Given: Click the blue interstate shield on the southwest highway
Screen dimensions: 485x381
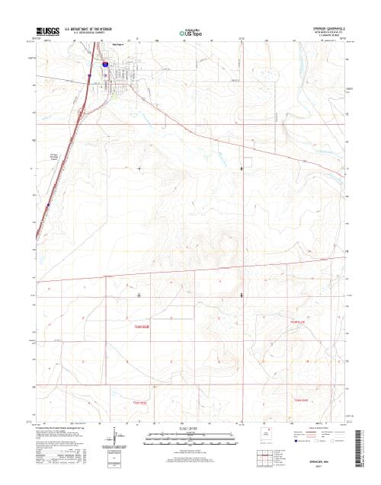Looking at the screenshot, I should tap(47, 203).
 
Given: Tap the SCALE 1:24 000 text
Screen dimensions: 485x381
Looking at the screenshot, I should tap(190, 429).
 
